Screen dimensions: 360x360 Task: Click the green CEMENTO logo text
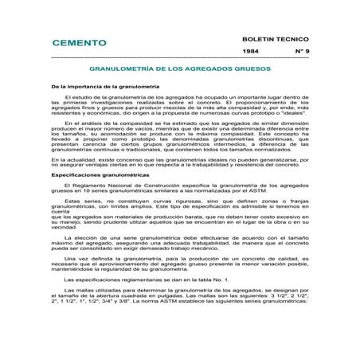click(x=80, y=42)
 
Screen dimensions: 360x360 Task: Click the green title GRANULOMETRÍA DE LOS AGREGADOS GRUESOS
click(x=179, y=68)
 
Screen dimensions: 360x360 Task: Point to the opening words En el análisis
click(x=83, y=124)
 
